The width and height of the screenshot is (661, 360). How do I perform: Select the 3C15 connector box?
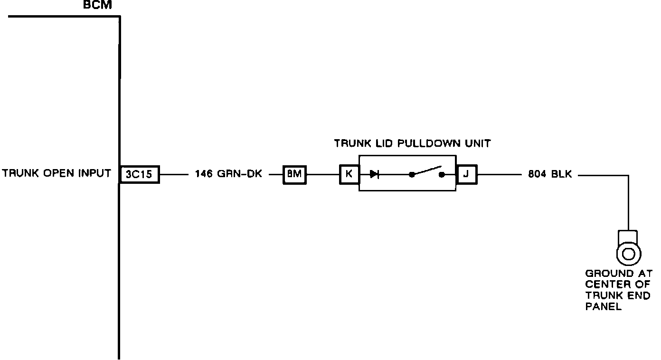[x=139, y=174]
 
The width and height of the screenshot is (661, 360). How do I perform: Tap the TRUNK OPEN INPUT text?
[x=57, y=173]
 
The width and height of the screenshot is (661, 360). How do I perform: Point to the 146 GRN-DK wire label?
[x=228, y=174]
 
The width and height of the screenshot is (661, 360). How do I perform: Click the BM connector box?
[x=294, y=174]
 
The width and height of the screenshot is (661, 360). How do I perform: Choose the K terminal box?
[x=349, y=174]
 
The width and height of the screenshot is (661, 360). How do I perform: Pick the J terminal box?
[x=466, y=174]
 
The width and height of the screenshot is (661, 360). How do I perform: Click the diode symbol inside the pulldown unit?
[x=375, y=174]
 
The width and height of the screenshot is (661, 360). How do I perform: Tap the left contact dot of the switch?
[x=412, y=175]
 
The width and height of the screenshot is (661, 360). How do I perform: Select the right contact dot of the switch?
[x=442, y=175]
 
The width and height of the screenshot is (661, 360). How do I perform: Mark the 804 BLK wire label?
[x=550, y=174]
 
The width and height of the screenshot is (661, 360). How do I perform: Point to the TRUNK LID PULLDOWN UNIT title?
[x=412, y=143]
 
